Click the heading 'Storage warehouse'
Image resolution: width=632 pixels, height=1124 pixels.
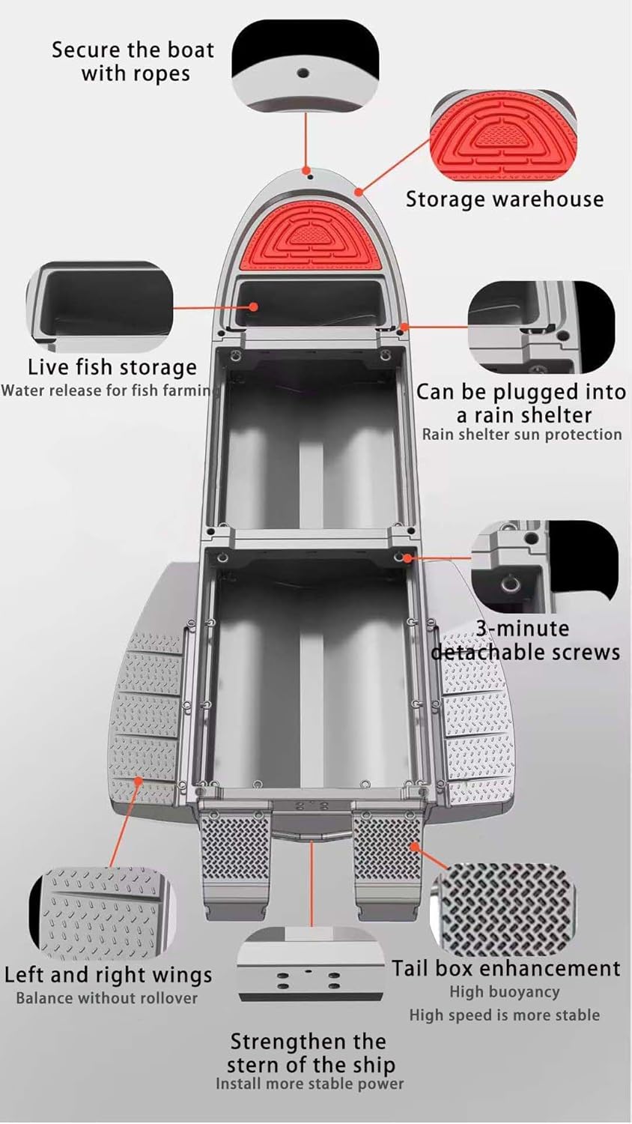click(504, 199)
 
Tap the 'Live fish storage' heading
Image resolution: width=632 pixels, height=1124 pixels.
click(112, 367)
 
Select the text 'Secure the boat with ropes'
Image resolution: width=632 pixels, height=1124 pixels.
click(133, 61)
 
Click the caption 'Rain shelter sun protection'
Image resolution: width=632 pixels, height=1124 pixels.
click(522, 435)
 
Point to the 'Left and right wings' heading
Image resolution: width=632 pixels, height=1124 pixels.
click(108, 975)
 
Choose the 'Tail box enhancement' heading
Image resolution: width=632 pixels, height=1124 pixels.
click(506, 968)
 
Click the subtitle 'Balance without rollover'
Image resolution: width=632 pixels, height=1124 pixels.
click(107, 998)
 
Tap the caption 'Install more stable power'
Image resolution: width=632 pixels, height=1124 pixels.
click(309, 1084)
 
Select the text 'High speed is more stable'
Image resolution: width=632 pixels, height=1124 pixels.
click(504, 1015)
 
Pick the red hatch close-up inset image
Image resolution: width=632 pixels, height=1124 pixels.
click(503, 136)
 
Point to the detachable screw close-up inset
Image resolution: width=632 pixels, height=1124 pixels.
click(545, 566)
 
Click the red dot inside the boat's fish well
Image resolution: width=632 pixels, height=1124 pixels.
click(255, 306)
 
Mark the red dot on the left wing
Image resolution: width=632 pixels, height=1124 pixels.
click(139, 781)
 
